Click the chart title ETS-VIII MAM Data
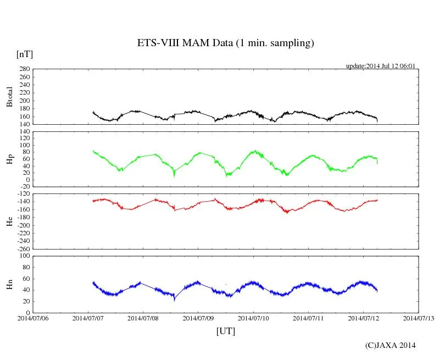tap(225, 43)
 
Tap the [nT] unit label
tap(24, 54)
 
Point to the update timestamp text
tap(380, 66)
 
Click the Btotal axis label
tap(9, 96)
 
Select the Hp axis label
tap(9, 159)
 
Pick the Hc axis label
tap(9, 221)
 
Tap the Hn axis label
tap(9, 284)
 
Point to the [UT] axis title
tap(225, 331)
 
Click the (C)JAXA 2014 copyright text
tap(390, 345)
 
